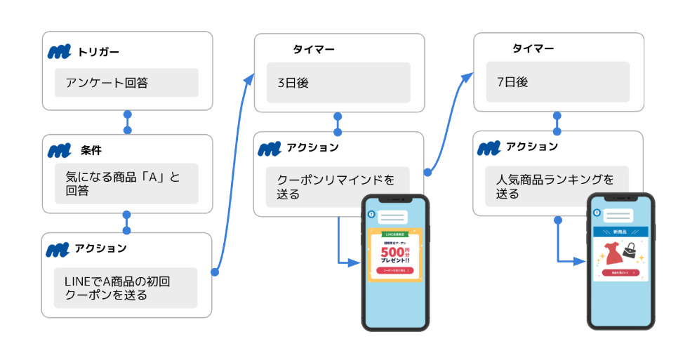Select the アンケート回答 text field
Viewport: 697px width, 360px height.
click(126, 83)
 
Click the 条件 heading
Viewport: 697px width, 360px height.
click(91, 150)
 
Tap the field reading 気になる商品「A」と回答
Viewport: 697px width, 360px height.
click(126, 184)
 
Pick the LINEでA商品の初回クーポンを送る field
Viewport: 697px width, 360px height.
click(126, 288)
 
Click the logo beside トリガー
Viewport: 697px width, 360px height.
click(61, 52)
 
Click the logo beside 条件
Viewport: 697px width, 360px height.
click(61, 150)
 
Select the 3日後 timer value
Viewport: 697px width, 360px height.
click(338, 83)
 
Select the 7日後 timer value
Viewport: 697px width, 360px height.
click(558, 82)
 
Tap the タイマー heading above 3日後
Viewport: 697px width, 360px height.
click(314, 50)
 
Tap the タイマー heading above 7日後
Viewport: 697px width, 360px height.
click(533, 49)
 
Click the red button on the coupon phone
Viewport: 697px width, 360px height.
click(394, 270)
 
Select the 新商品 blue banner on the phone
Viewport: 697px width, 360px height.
click(620, 232)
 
